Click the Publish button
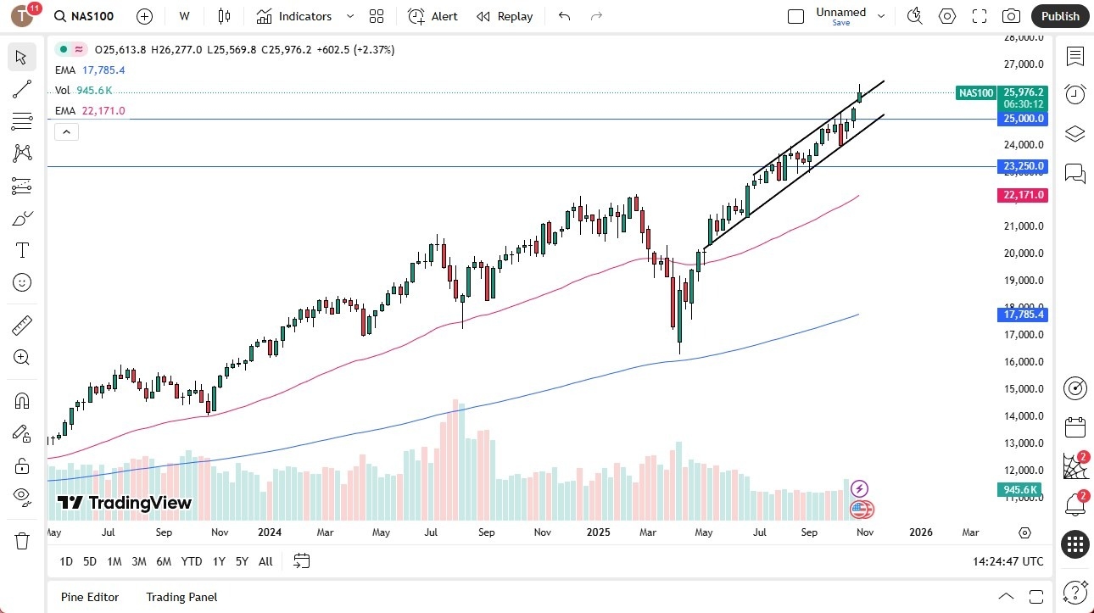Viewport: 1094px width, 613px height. (x=1060, y=16)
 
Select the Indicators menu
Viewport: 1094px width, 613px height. (x=294, y=16)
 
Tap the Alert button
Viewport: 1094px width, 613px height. (x=433, y=16)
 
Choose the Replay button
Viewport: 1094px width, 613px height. (x=505, y=16)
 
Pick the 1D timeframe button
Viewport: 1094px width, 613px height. (x=66, y=561)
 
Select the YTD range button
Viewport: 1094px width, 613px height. (x=192, y=561)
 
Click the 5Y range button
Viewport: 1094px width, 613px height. (x=242, y=561)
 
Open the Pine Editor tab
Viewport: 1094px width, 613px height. (x=90, y=597)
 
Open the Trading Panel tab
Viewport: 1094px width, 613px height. (x=181, y=597)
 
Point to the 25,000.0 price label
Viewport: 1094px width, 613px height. (x=1024, y=119)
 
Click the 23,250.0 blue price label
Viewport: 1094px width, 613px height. (x=1024, y=166)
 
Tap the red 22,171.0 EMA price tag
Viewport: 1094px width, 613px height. (x=1024, y=195)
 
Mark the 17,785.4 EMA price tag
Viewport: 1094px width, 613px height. (x=1024, y=315)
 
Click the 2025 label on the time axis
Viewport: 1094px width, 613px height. (x=599, y=532)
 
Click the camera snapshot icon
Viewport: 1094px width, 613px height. (x=1011, y=16)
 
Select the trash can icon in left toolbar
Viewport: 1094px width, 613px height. (x=22, y=540)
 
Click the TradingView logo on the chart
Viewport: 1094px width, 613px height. (x=125, y=503)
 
